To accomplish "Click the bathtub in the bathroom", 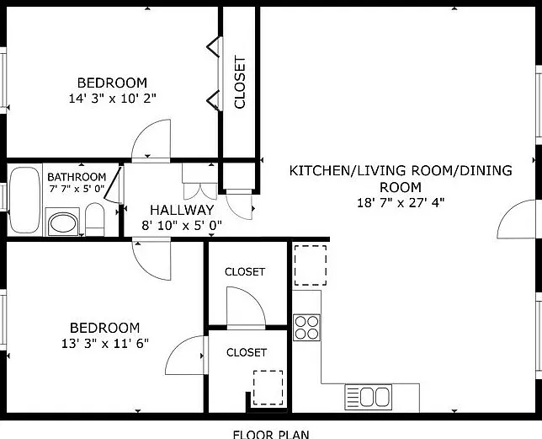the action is [24, 200].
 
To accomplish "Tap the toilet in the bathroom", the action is [94, 220].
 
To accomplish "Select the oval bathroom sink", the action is [63, 223].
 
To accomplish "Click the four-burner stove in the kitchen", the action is [306, 327].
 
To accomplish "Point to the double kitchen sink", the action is [369, 397].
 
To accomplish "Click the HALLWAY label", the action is [182, 210].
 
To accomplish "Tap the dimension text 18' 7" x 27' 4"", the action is [401, 202].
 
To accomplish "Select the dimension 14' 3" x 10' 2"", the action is [112, 99].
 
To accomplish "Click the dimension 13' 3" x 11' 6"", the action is [105, 344].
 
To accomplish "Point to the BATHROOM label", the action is [77, 177].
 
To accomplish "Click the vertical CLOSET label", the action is [240, 82].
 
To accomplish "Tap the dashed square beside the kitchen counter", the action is [310, 265].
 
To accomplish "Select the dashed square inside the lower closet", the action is [268, 388].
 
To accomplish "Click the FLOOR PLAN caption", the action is [271, 434].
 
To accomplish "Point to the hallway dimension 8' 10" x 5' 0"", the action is [182, 226].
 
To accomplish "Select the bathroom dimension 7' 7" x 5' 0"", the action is [77, 189].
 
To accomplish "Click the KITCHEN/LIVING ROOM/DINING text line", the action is [401, 170].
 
